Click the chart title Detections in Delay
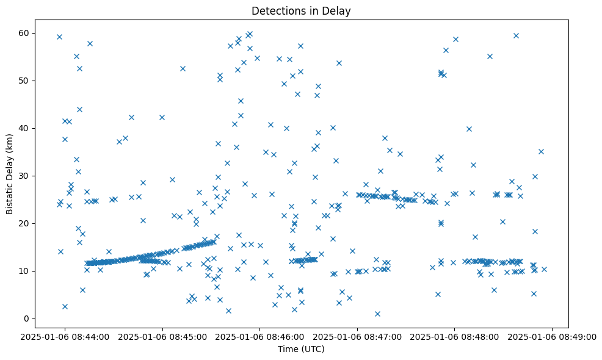tap(301, 11)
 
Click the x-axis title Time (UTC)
tap(301, 349)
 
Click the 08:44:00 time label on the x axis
tap(65, 336)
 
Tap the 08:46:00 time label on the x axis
tap(260, 336)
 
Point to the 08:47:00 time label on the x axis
tap(358, 336)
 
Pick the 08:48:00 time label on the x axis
tap(455, 336)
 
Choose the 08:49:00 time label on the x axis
tap(553, 336)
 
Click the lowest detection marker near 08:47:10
tap(377, 314)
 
